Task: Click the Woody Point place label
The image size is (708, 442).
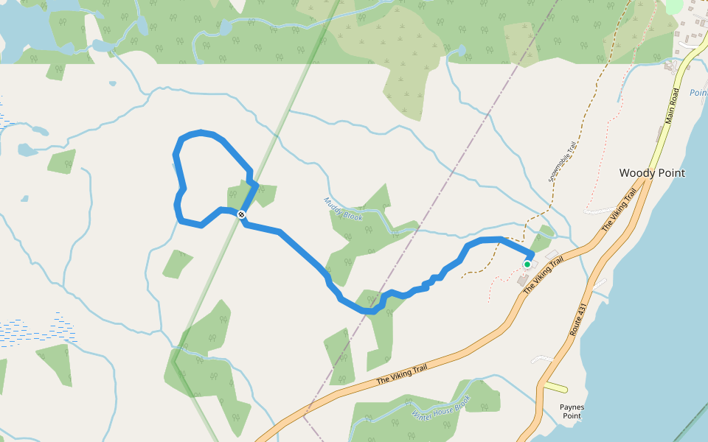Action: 652,173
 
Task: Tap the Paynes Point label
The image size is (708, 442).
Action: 572,411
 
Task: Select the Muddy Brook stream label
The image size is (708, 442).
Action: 343,208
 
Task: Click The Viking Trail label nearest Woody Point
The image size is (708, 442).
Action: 619,210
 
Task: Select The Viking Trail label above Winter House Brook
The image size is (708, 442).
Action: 402,374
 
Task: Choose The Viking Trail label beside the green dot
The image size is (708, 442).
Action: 544,275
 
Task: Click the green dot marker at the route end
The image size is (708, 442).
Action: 527,264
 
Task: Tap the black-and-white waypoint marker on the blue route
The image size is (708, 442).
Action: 241,214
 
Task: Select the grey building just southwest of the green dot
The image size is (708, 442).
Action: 522,281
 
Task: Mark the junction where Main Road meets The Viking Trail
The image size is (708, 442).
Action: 648,179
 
